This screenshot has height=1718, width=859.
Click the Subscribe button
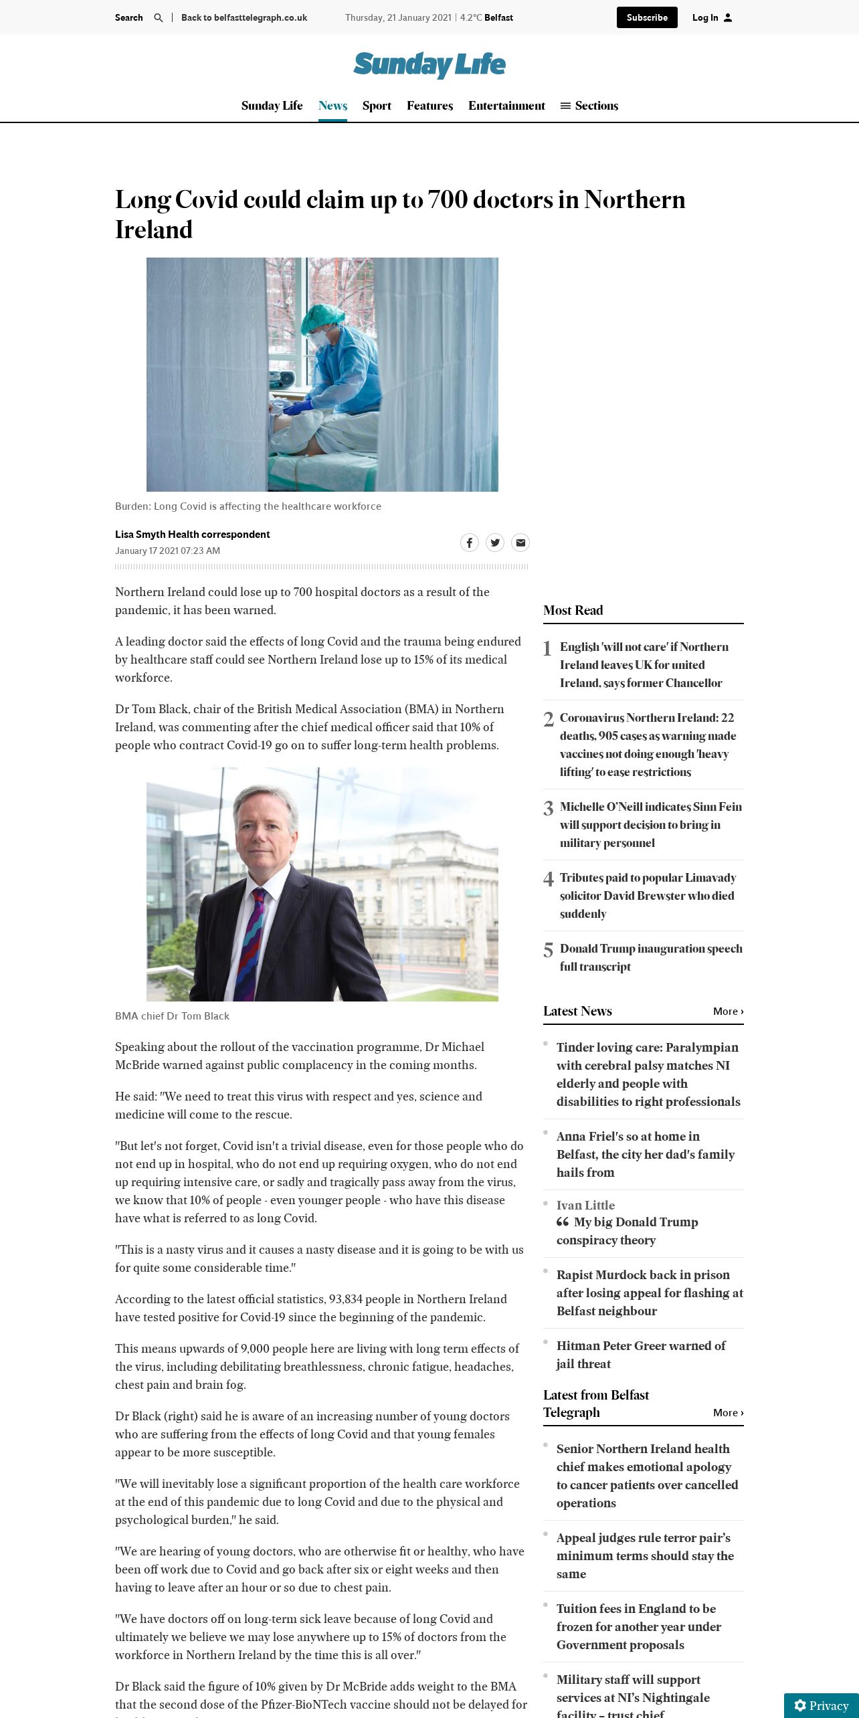646,17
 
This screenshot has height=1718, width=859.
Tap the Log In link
712,17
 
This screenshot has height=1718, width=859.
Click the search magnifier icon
159,18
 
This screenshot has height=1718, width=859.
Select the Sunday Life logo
429,65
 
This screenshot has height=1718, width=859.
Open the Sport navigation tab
377,106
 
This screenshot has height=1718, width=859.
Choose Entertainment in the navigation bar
506,106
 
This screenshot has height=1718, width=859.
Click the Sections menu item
589,106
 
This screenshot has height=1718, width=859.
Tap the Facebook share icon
470,543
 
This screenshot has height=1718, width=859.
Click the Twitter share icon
495,543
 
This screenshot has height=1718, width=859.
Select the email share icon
520,543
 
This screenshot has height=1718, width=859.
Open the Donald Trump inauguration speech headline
650,957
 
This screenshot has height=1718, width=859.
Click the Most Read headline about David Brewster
647,895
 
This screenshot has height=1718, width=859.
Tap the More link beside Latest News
728,1012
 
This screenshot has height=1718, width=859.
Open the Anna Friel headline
645,1154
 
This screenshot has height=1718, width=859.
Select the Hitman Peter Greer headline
640,1354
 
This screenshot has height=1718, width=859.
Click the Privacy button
821,1705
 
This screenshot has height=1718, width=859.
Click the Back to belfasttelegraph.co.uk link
244,18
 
